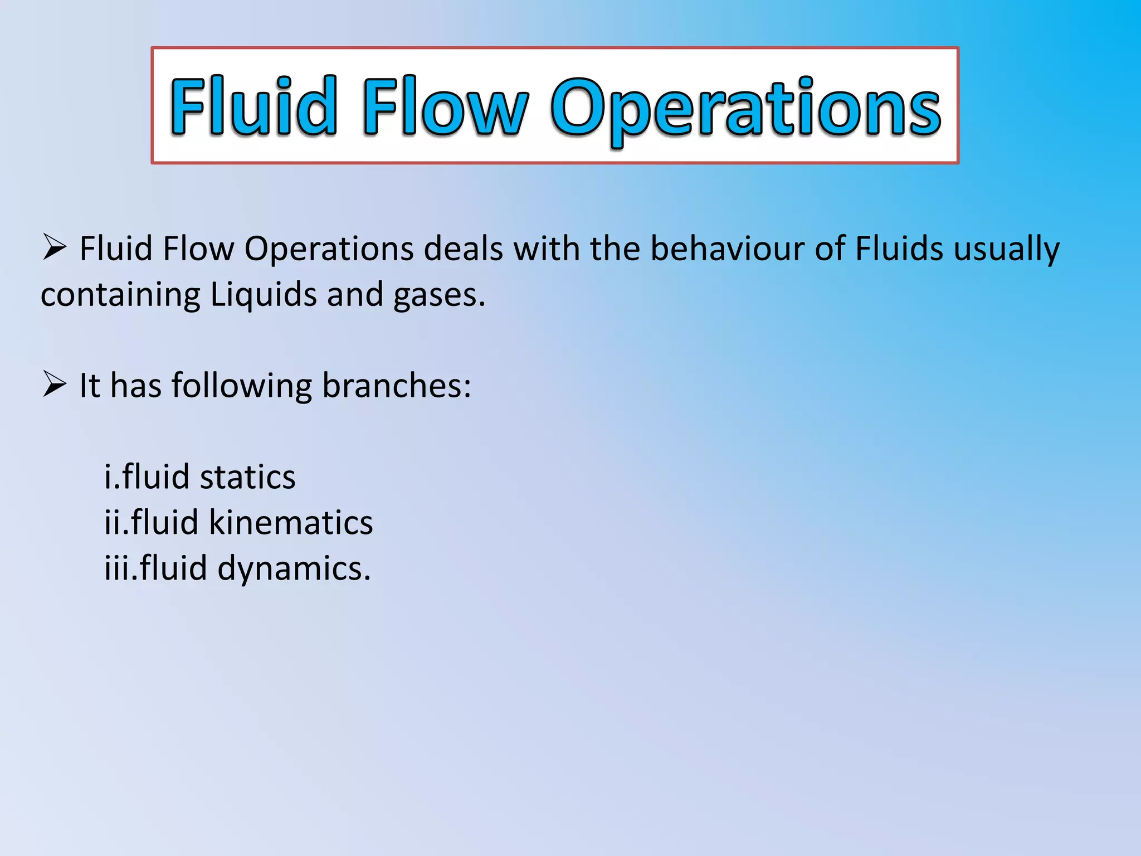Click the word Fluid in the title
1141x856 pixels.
coord(254,106)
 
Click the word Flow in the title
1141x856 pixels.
coord(445,106)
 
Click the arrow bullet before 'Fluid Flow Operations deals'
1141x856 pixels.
coord(55,247)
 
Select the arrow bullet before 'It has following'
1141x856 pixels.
coord(55,385)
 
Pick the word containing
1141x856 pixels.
coord(120,295)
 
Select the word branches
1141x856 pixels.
coord(396,385)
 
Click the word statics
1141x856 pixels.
coord(247,477)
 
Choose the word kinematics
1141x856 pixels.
coord(290,523)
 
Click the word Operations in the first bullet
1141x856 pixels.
coord(329,250)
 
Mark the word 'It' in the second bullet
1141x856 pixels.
coord(90,385)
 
